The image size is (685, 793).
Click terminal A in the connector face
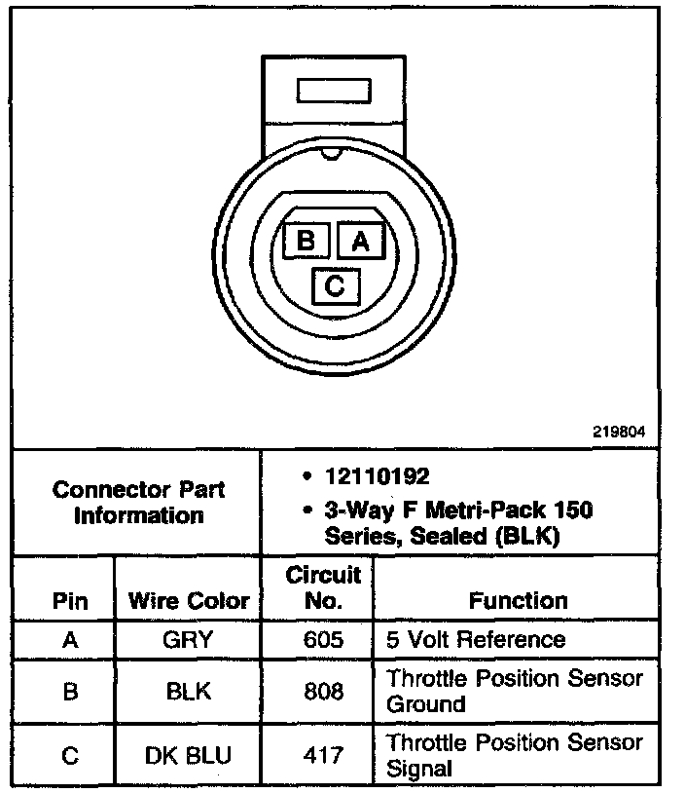(x=360, y=240)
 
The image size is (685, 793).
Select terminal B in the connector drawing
(x=306, y=240)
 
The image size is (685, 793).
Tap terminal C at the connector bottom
(x=334, y=285)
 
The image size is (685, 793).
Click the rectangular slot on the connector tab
(x=333, y=92)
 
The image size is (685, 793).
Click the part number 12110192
(x=378, y=476)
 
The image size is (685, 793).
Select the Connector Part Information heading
(x=138, y=502)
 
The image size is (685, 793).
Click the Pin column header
(x=69, y=601)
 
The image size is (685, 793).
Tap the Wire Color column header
(x=189, y=601)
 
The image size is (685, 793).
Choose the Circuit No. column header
(x=323, y=587)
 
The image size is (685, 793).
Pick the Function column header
(x=518, y=601)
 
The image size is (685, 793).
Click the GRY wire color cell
(x=189, y=640)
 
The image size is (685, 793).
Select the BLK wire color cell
(x=189, y=691)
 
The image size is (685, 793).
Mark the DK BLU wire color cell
(x=189, y=755)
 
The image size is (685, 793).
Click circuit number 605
(x=323, y=640)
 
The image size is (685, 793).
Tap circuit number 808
(x=323, y=691)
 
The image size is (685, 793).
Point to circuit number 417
(x=323, y=755)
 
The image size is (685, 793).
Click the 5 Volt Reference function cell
(x=476, y=640)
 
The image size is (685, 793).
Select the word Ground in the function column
(x=426, y=703)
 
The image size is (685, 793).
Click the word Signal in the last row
(x=420, y=768)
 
